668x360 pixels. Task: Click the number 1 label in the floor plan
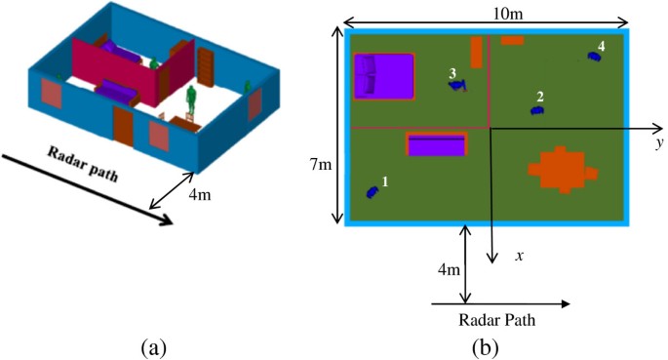[x=385, y=181]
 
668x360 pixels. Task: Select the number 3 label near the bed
[x=452, y=73]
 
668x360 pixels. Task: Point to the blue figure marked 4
[x=593, y=57]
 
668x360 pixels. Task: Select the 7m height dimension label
[x=321, y=166]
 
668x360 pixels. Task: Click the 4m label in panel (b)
[x=450, y=269]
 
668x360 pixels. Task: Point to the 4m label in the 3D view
[x=200, y=196]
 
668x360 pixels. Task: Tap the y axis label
[x=659, y=142]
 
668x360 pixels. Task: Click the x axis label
[x=521, y=256]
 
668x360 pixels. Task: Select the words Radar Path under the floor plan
[x=498, y=319]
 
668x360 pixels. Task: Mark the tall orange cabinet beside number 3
[x=476, y=52]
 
